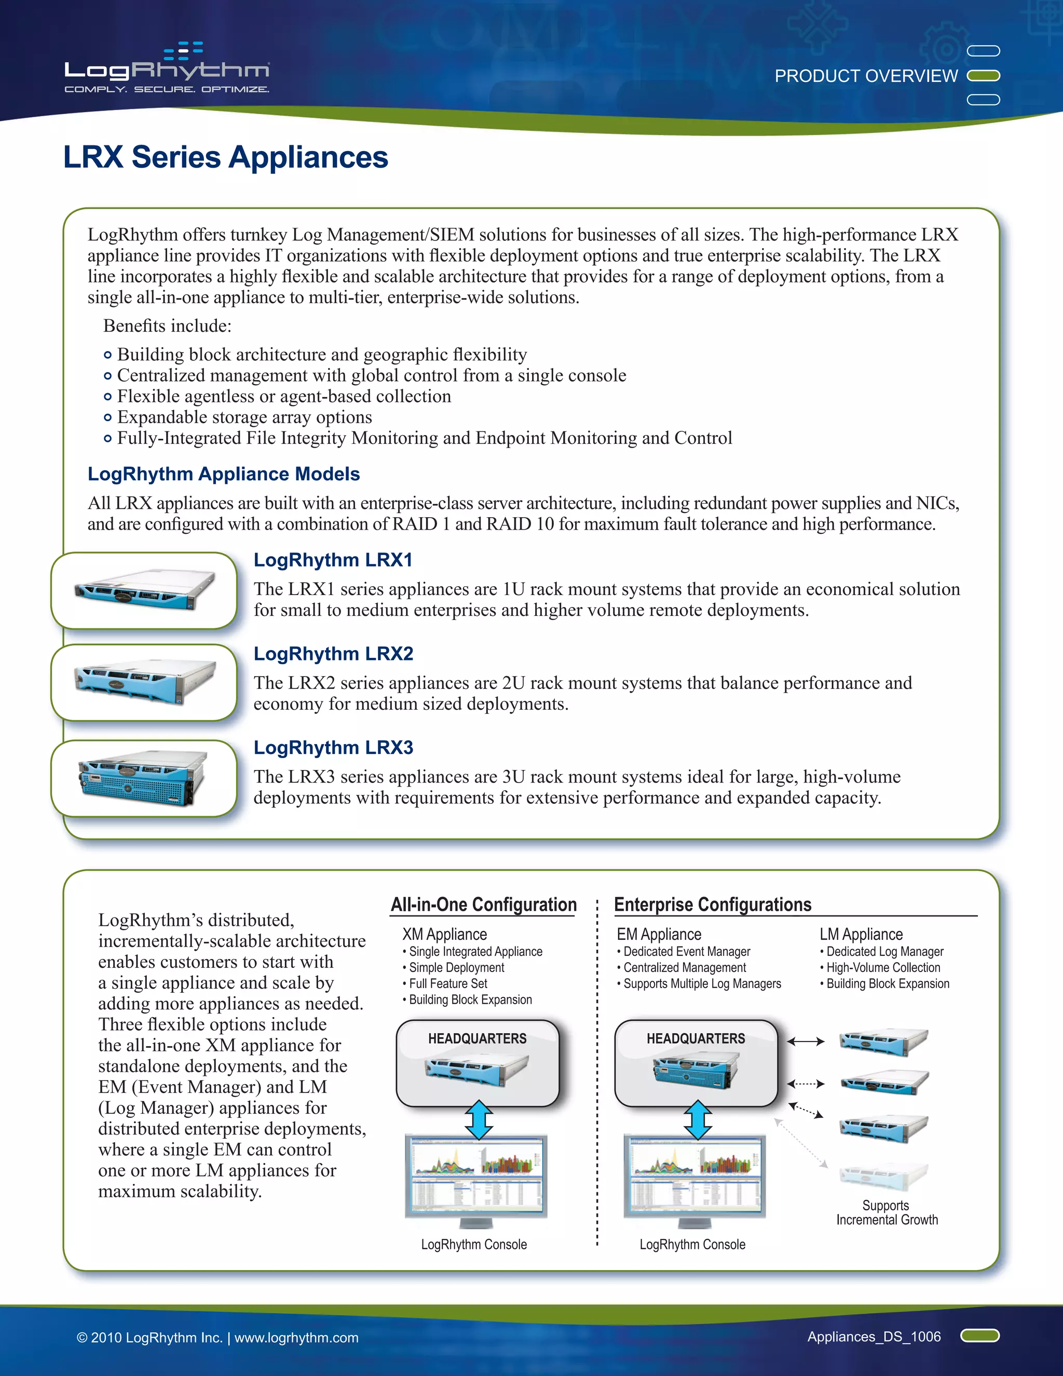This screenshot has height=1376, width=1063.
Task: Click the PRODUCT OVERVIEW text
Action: click(x=866, y=76)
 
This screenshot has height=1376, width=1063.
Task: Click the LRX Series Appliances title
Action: click(x=225, y=157)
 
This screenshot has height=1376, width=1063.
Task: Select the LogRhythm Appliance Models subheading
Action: click(x=224, y=474)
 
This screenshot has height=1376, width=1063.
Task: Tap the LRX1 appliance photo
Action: click(x=144, y=590)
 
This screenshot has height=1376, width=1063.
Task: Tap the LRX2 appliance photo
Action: click(x=144, y=682)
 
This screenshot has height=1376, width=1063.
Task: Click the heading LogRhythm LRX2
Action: click(x=333, y=653)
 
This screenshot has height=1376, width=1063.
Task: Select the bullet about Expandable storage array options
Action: click(x=244, y=417)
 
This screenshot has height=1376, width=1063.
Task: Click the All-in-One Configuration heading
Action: click(x=483, y=905)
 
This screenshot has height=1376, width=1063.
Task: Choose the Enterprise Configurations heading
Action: click(x=712, y=905)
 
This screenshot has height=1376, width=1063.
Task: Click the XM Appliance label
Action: click(x=445, y=934)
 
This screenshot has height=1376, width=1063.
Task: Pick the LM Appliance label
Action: click(x=861, y=934)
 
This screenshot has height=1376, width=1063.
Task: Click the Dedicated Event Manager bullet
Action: click(x=686, y=951)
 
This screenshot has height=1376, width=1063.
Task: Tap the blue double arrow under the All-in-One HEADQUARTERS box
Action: click(x=479, y=1119)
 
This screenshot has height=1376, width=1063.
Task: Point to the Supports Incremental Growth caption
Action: click(x=887, y=1212)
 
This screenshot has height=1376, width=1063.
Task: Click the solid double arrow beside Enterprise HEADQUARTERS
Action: click(x=806, y=1042)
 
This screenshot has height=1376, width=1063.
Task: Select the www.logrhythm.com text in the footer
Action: click(x=296, y=1338)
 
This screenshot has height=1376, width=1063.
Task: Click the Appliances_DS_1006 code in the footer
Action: click(x=874, y=1337)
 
